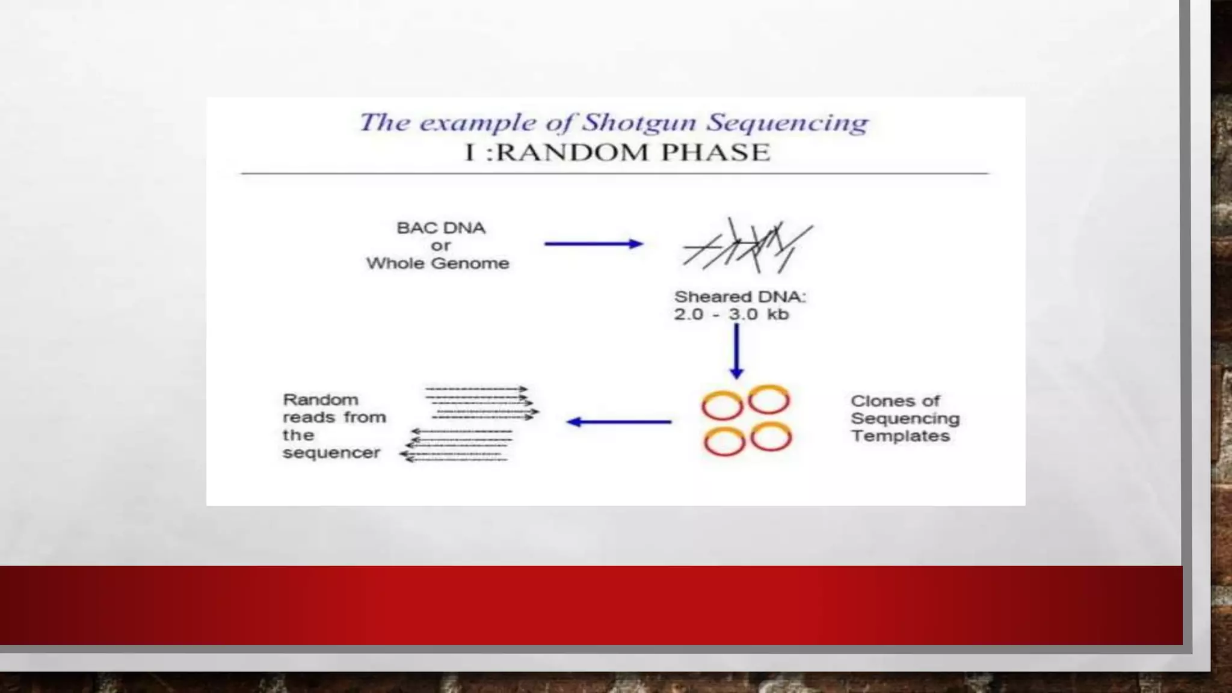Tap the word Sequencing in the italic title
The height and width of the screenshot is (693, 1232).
[x=787, y=123]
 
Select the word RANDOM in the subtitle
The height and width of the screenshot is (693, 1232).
[x=573, y=153]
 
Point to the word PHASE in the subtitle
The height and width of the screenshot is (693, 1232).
[x=715, y=153]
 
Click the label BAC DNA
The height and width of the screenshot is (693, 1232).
[x=441, y=228]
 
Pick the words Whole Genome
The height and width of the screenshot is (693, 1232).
[x=438, y=263]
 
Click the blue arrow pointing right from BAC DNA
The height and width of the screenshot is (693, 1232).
[x=593, y=244]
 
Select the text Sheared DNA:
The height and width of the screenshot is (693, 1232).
[x=740, y=297]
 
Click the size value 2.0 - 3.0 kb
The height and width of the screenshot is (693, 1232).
[x=731, y=314]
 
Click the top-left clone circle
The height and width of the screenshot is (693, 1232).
[x=722, y=405]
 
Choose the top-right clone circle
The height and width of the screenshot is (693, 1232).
[x=769, y=400]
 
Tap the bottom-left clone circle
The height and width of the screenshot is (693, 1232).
[x=724, y=442]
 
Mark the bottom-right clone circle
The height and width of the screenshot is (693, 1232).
[x=771, y=437]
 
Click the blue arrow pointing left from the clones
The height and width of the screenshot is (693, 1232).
[x=619, y=422]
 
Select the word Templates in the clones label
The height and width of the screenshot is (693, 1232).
[x=900, y=436]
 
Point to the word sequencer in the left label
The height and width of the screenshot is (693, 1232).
[x=331, y=453]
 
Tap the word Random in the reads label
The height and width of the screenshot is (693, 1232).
[x=321, y=400]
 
